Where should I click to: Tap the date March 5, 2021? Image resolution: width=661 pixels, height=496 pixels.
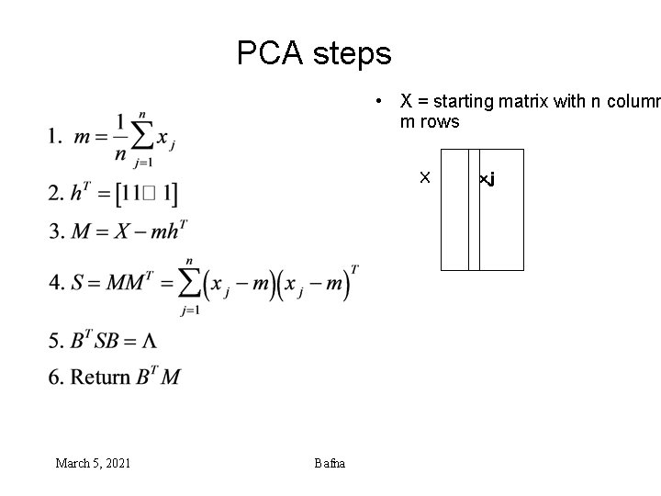click(93, 463)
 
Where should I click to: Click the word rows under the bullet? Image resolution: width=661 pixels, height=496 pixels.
click(442, 121)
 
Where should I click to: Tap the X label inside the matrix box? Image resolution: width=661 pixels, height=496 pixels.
click(424, 176)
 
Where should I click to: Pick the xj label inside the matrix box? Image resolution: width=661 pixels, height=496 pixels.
click(487, 178)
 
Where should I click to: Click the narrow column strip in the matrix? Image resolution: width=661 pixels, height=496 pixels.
click(474, 209)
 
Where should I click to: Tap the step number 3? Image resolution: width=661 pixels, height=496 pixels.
click(55, 231)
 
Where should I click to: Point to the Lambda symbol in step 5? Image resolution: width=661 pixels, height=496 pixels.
click(148, 342)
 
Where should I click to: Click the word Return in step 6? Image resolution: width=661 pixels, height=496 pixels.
click(100, 377)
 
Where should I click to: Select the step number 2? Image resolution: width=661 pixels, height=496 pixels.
click(55, 194)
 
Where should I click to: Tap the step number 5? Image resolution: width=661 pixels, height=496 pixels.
click(55, 342)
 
